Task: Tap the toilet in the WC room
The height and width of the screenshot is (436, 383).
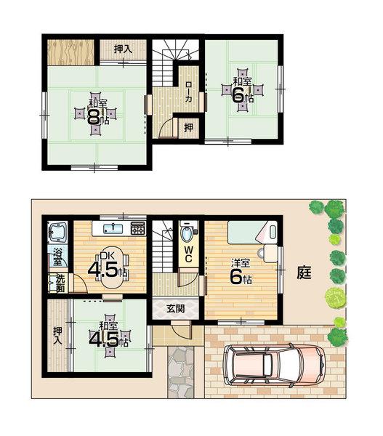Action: pos(188,235)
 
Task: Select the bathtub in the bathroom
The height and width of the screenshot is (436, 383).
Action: pos(57,233)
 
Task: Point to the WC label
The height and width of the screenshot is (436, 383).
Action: pos(188,256)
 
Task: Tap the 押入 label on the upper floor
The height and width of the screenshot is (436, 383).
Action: pos(123,49)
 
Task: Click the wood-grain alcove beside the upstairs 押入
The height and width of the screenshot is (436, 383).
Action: pos(70,51)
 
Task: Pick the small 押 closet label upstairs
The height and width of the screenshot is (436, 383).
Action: pos(188,127)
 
